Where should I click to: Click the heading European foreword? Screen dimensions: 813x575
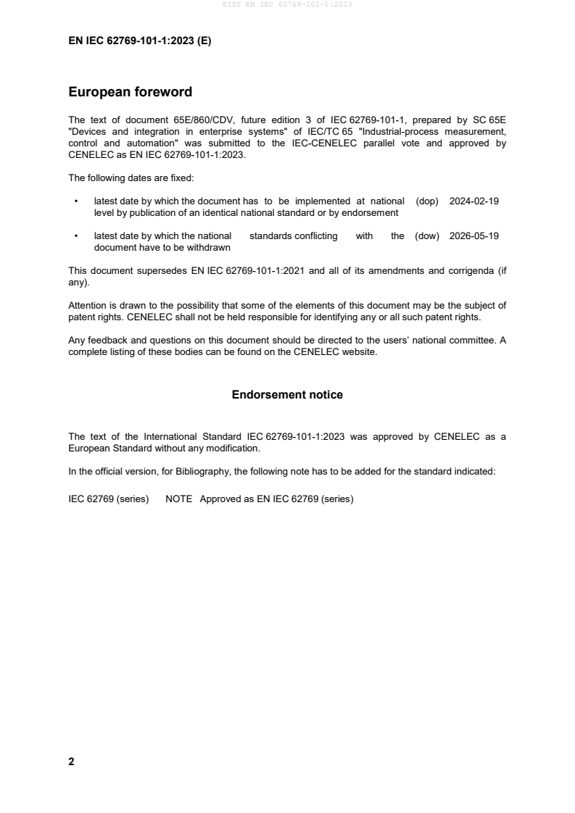(130, 92)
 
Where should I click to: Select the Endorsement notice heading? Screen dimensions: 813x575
(287, 395)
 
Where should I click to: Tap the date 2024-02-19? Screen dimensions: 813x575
(474, 201)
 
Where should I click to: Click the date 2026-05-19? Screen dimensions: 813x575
(474, 236)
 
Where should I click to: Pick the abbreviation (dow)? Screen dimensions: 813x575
(427, 236)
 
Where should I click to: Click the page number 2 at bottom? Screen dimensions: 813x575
(71, 762)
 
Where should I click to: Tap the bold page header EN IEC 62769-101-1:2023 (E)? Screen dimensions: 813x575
(139, 41)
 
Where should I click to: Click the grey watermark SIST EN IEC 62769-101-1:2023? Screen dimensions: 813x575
(287, 5)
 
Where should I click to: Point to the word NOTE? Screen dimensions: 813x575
(178, 499)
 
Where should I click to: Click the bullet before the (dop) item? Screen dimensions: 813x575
(75, 201)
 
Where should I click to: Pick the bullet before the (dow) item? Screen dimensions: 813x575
(75, 236)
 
